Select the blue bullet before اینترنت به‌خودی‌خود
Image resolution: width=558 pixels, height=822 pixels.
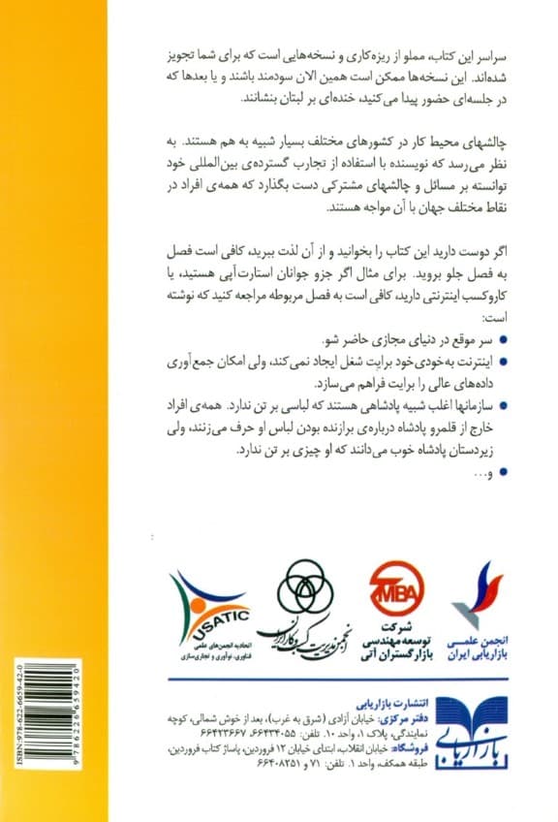pos(511,360)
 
